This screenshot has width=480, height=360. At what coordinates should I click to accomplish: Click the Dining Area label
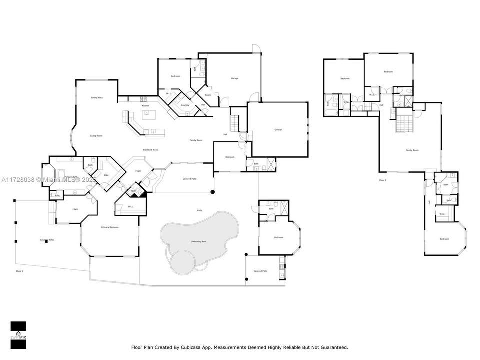coord(97,98)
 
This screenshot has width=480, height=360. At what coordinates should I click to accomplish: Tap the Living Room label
coord(96,136)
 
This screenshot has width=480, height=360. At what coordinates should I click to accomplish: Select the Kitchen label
coord(145,106)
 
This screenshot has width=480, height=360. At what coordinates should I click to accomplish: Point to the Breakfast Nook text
coord(150,150)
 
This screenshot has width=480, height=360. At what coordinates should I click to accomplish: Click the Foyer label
coord(138,171)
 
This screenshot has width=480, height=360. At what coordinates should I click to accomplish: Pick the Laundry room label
coord(184,105)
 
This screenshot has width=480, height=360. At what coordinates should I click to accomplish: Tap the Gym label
coord(76,209)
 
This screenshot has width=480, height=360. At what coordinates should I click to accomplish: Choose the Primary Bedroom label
coord(110,227)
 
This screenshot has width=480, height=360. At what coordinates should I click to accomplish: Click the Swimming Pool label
coord(199,241)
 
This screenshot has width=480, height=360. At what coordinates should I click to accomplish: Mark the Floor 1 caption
coord(20,271)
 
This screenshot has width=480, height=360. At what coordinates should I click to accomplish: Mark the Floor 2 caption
coord(383,180)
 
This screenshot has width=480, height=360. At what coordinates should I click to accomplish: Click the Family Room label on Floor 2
coord(412,150)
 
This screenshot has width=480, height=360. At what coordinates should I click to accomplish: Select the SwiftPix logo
coord(18,333)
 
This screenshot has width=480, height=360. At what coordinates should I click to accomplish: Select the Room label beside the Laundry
coord(208,95)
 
